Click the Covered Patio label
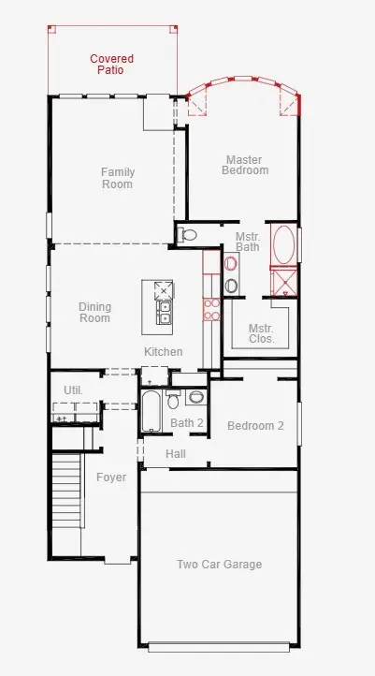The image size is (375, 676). [112, 65]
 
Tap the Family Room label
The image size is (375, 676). [118, 178]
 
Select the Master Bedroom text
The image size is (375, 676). [245, 165]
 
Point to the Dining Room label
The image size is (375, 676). [94, 313]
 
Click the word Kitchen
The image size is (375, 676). [163, 352]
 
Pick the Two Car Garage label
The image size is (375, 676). [219, 565]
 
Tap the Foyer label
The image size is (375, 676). [111, 478]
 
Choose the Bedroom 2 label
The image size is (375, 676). [255, 426]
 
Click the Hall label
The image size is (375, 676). [176, 453]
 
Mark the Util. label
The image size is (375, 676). [73, 390]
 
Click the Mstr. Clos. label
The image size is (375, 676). [261, 333]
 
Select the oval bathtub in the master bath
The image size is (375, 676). [283, 244]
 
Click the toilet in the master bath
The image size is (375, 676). [187, 234]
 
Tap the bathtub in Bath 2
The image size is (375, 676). [151, 411]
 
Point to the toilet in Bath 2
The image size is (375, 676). [173, 399]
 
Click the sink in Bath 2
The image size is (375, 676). [196, 397]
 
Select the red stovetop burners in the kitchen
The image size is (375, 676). [211, 309]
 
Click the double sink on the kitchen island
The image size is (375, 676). [164, 313]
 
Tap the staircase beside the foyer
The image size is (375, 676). [66, 490]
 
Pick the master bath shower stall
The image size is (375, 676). [283, 282]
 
